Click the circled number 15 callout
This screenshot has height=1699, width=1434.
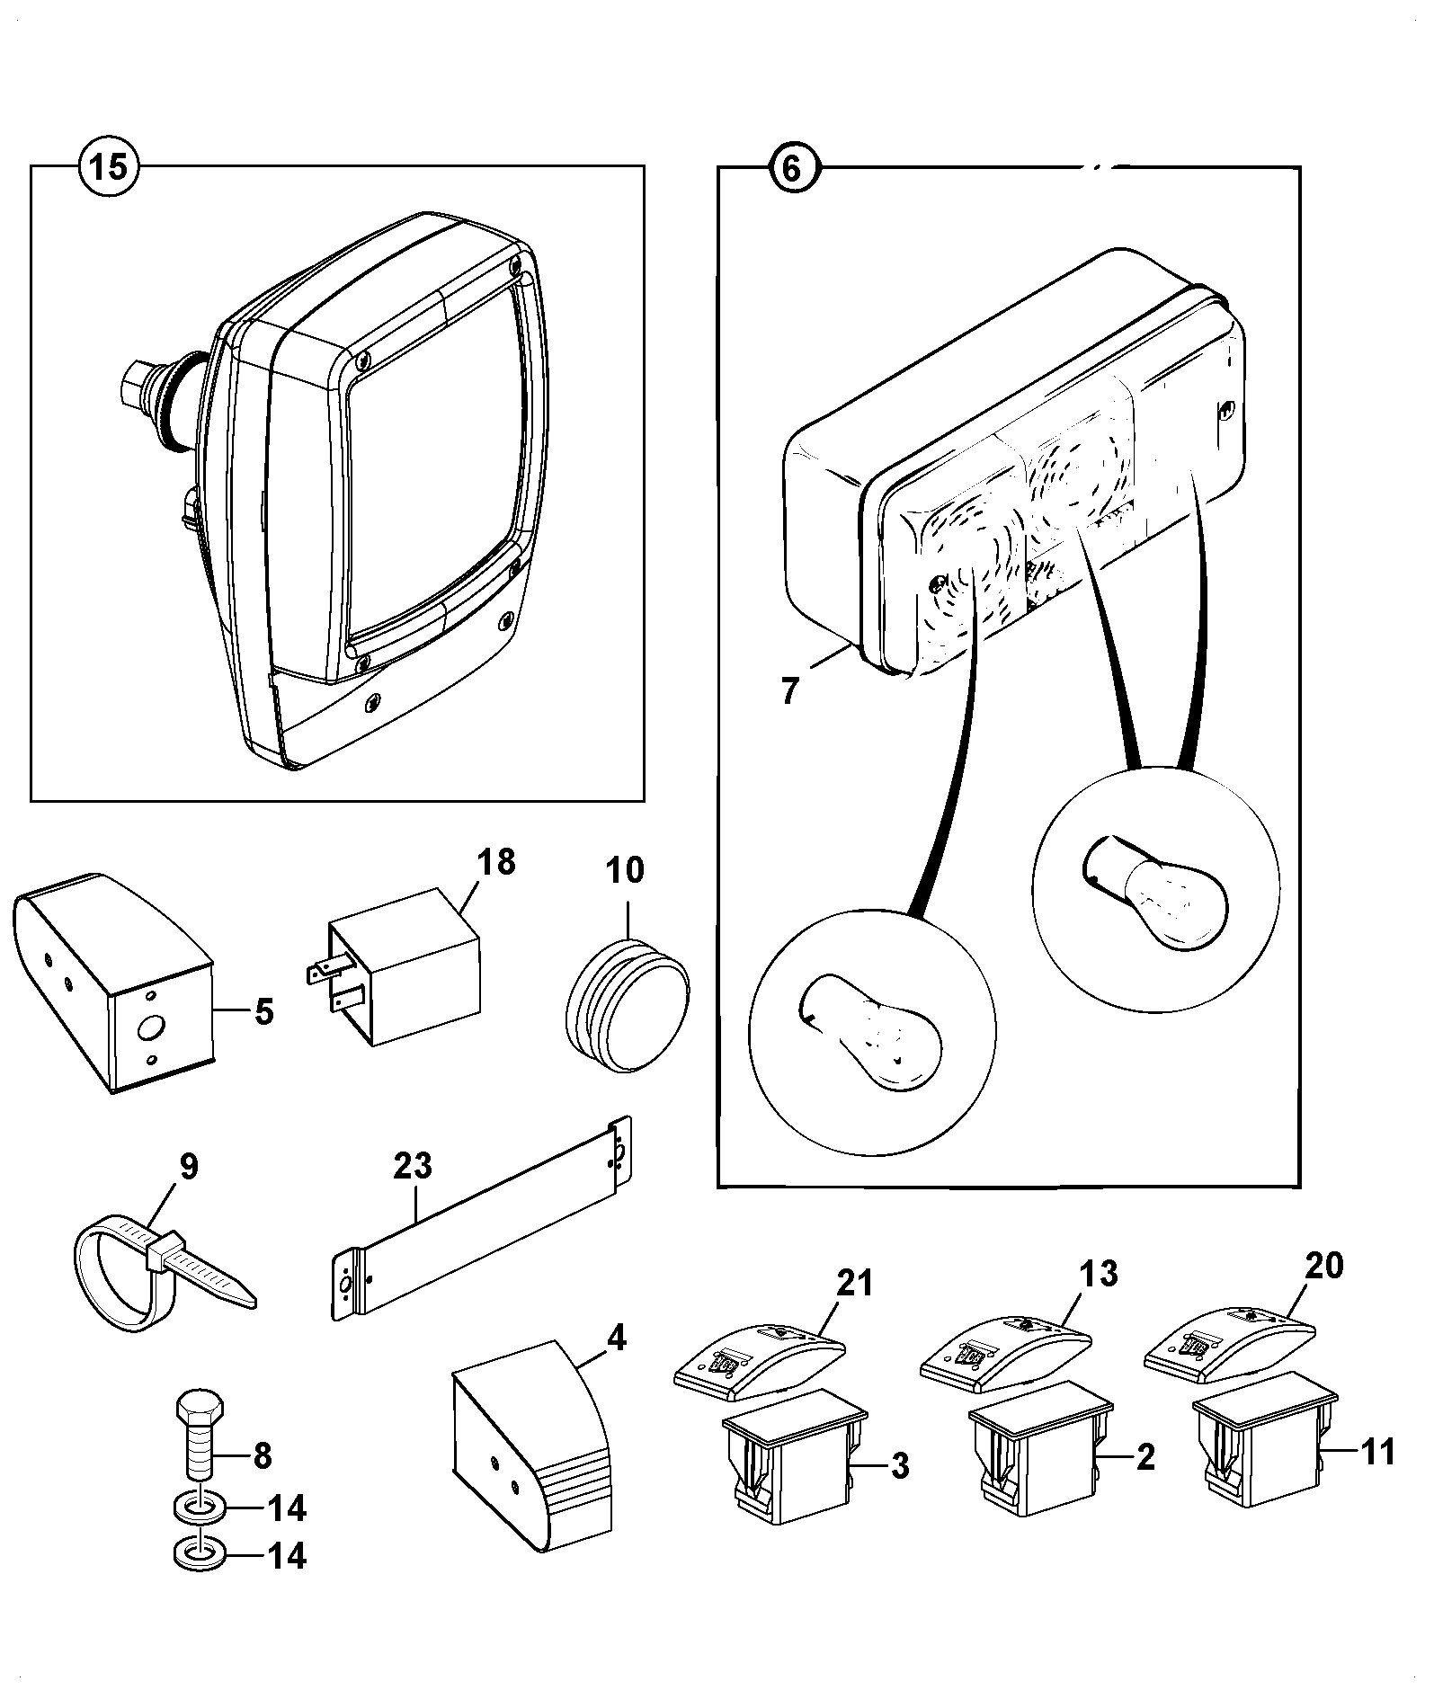(x=110, y=166)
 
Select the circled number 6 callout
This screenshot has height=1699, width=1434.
(x=791, y=167)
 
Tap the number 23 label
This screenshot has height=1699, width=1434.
(x=413, y=1166)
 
